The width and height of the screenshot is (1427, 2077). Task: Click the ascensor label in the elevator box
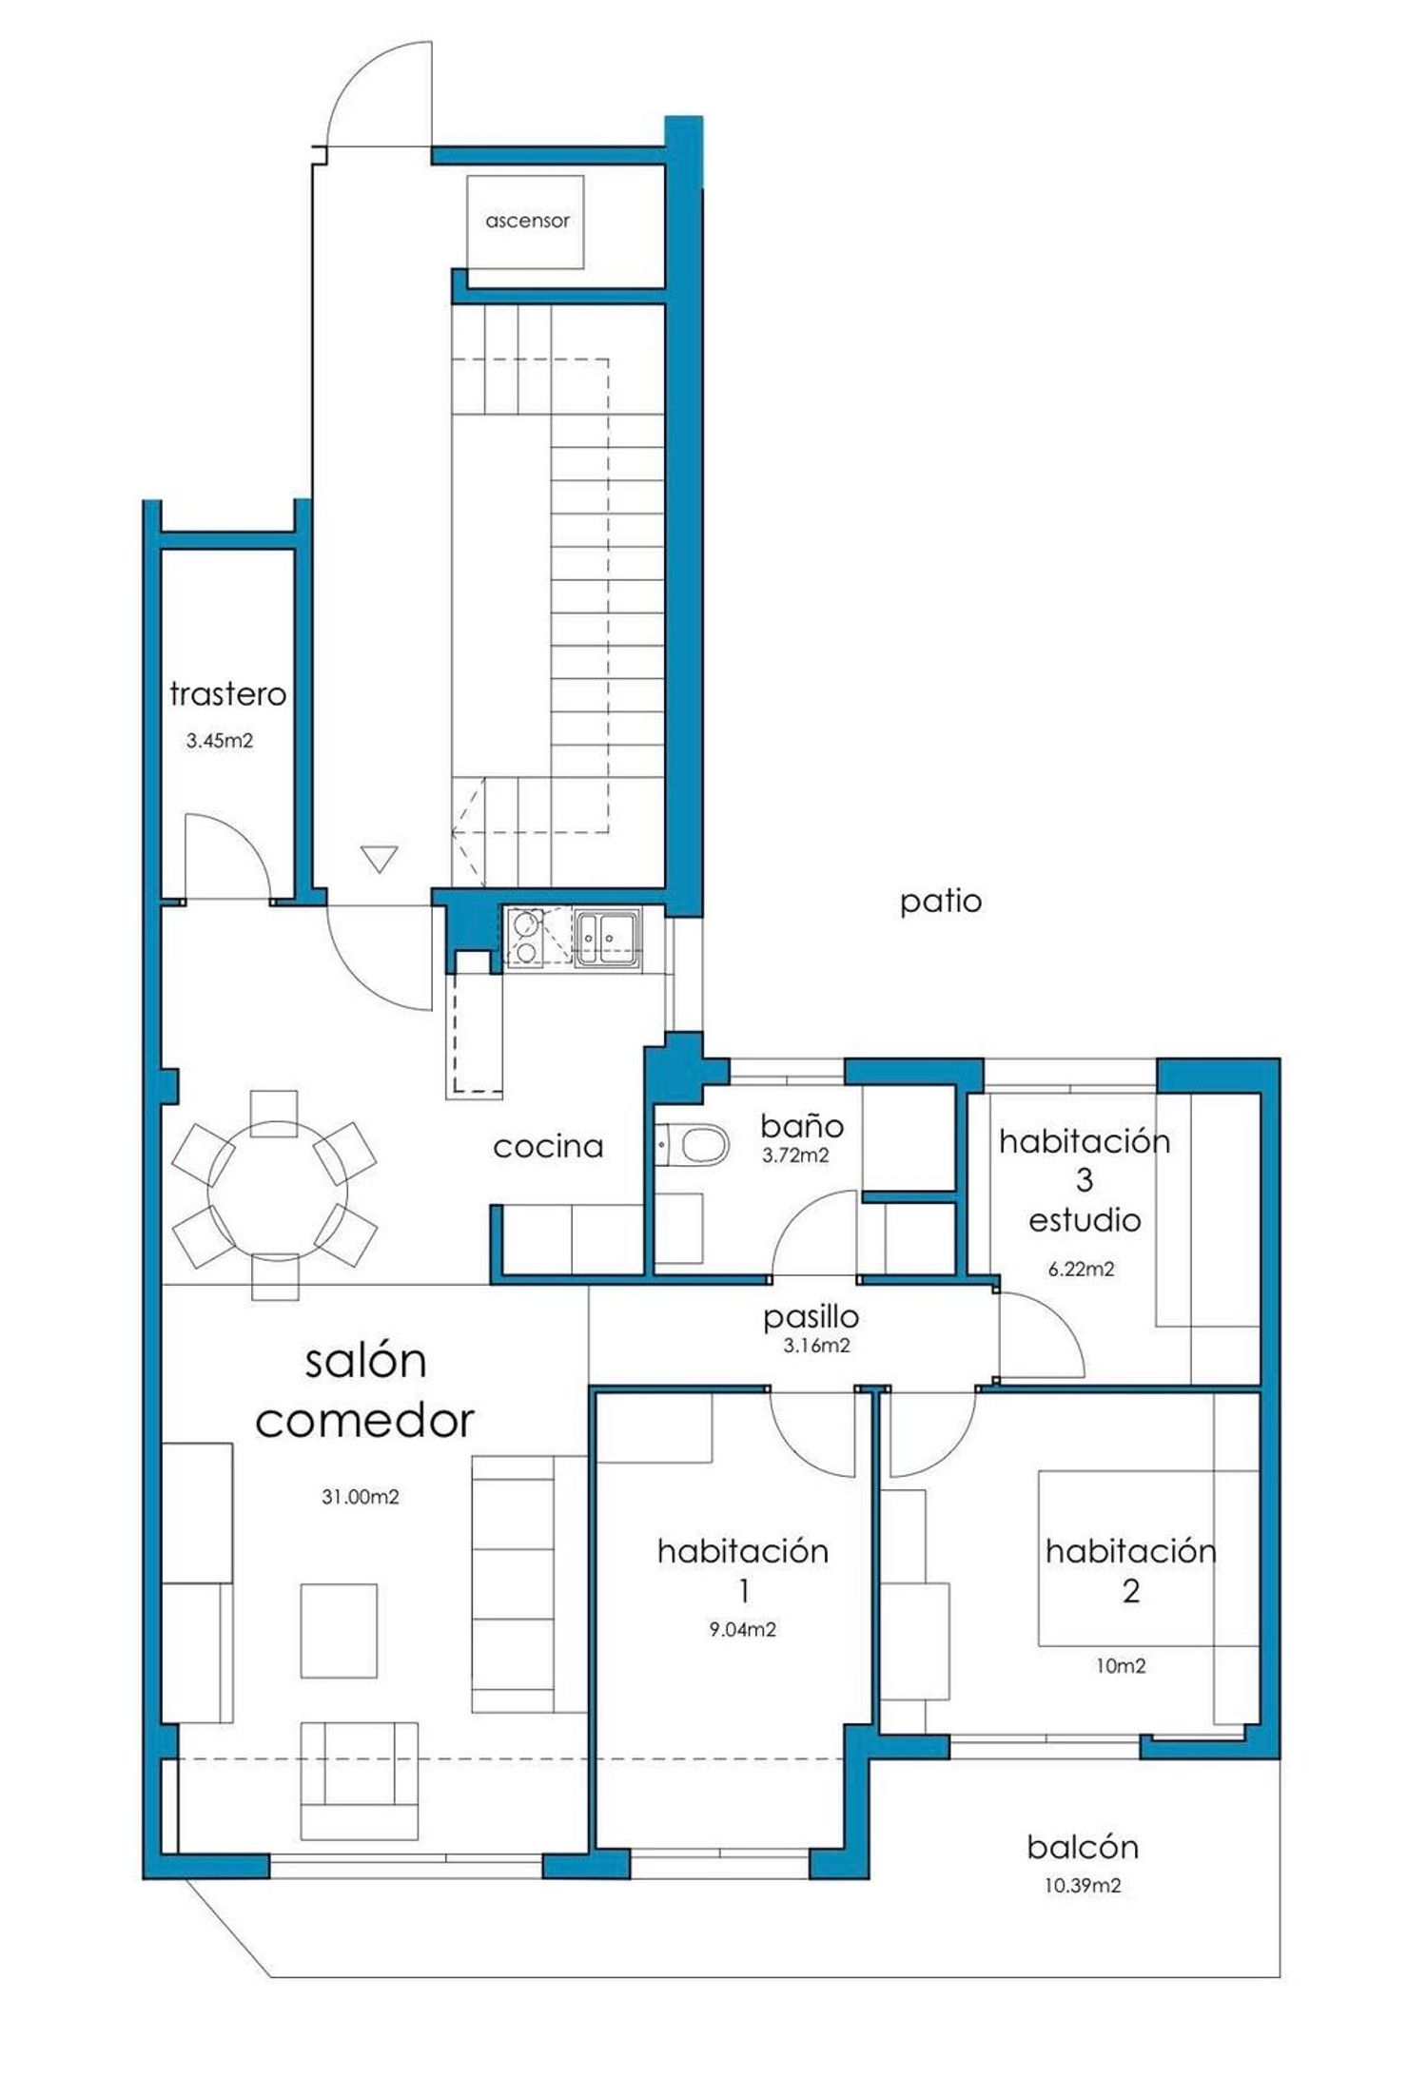527,221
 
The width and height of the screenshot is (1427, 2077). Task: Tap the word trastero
227,693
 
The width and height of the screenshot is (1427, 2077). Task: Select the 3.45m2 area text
220,741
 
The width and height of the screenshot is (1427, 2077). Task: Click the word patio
941,902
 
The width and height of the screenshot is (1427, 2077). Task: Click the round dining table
278,1193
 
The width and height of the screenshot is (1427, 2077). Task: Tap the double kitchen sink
607,938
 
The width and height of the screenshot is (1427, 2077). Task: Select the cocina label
548,1146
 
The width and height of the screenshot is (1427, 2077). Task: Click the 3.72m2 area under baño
795,1155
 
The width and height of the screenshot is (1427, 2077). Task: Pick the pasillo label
811,1317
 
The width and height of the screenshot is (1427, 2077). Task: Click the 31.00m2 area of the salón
360,1497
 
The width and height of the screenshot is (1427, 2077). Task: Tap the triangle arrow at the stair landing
380,859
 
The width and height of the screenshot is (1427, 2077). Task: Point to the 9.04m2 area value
742,1630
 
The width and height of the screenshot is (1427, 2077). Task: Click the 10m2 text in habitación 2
1121,1666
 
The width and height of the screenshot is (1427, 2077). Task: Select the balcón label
1083,1847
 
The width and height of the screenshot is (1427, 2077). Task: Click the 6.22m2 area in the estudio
1081,1269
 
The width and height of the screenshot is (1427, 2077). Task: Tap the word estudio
1085,1219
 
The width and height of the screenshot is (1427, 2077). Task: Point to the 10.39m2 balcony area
1083,1885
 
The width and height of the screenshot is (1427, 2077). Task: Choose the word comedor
364,1421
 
